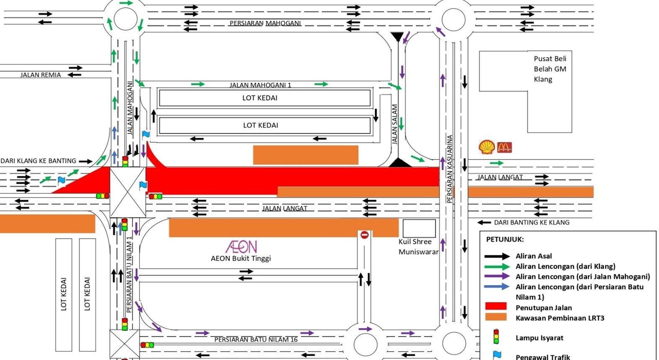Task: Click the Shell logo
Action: tap(487, 147)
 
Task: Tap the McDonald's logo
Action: tap(505, 147)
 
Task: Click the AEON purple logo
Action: tap(241, 247)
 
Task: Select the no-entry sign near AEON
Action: tap(364, 235)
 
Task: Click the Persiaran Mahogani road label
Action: tap(265, 23)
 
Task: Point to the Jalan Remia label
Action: tap(41, 75)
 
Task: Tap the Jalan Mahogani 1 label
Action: tap(260, 85)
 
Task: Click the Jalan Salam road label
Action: tap(394, 124)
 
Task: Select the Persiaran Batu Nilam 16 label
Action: tap(256, 339)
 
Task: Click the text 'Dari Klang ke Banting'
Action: tap(39, 161)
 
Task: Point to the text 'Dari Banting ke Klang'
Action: tap(531, 222)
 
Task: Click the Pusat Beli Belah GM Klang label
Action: tap(550, 69)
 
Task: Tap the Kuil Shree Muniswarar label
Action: tap(417, 247)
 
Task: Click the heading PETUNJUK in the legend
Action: tap(505, 239)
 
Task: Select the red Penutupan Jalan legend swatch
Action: tap(496, 307)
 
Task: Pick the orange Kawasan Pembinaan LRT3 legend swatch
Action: tap(496, 317)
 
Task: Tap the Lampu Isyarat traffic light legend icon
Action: tap(496, 337)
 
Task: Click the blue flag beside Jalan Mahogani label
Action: tap(146, 135)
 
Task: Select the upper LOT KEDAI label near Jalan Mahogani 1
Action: tap(260, 98)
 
